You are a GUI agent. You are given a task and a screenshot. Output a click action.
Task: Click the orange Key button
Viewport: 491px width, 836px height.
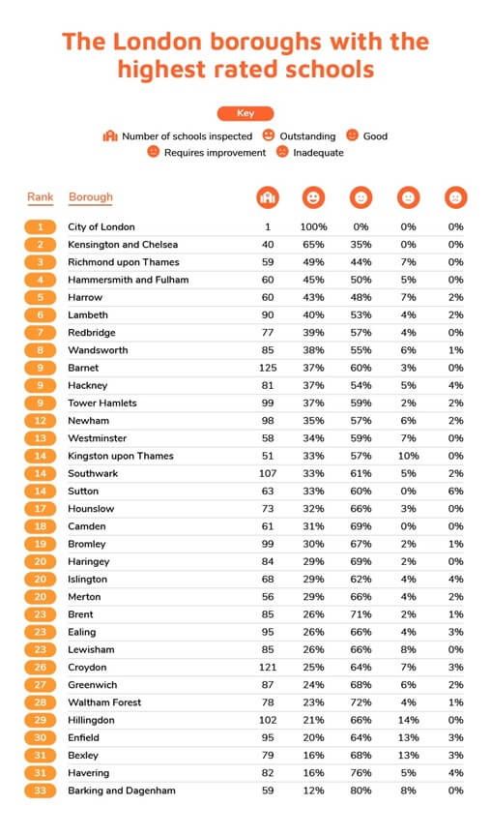[245, 113]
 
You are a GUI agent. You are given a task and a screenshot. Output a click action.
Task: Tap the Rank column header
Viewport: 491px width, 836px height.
[41, 197]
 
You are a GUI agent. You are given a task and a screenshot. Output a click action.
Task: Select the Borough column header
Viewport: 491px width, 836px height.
[91, 197]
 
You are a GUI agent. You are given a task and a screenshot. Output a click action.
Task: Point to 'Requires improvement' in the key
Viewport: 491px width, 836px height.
[214, 153]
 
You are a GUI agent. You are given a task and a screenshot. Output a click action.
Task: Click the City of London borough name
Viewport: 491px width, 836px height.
[102, 227]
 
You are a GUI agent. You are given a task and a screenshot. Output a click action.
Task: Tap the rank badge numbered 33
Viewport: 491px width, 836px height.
[41, 791]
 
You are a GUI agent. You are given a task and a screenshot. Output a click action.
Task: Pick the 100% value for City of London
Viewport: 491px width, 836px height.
[313, 227]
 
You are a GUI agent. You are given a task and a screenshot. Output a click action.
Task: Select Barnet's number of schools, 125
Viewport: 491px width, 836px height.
[266, 368]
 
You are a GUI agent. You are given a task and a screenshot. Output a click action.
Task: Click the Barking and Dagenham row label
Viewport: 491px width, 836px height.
[122, 791]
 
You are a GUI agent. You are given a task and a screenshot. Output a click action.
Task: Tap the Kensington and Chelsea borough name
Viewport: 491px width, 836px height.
[123, 245]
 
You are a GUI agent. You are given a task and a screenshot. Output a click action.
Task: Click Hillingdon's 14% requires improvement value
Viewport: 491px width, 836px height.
[408, 720]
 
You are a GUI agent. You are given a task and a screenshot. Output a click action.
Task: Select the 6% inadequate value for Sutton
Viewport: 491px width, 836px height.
[455, 491]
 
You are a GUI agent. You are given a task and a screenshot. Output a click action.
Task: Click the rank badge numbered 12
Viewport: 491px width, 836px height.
[41, 421]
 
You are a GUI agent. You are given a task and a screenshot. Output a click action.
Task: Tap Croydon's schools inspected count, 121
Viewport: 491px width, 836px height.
[266, 668]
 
